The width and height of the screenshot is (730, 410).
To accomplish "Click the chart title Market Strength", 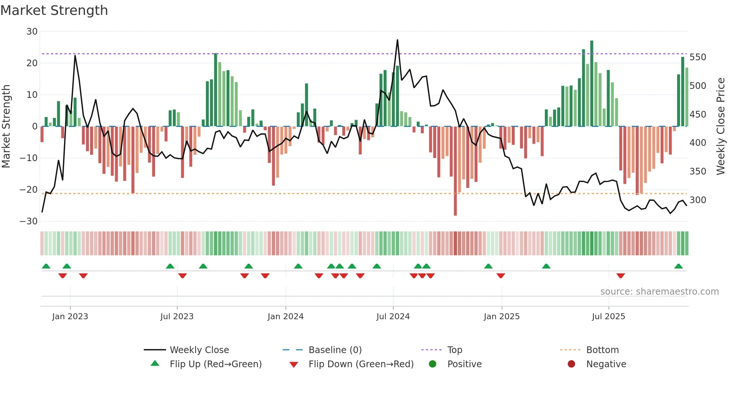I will pyautogui.click(x=54, y=10).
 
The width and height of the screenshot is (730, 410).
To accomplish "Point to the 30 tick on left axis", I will pyautogui.click(x=32, y=32).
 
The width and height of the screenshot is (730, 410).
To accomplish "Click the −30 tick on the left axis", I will pyautogui.click(x=29, y=221).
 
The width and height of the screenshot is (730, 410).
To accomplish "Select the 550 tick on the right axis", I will pyautogui.click(x=698, y=57).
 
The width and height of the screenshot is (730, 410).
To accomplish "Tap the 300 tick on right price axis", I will pyautogui.click(x=698, y=200).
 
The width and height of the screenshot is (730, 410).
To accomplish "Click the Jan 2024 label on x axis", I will pyautogui.click(x=285, y=317).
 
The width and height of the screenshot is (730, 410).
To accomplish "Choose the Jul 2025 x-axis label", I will pyautogui.click(x=608, y=317).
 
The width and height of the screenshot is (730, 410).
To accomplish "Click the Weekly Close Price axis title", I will pyautogui.click(x=721, y=126).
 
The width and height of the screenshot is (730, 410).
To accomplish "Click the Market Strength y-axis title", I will pyautogui.click(x=6, y=126).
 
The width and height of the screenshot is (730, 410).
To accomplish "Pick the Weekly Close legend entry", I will pyautogui.click(x=199, y=350).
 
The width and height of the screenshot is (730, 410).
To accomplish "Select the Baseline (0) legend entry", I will pyautogui.click(x=335, y=350).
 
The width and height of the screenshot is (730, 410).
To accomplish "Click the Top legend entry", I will pyautogui.click(x=454, y=350).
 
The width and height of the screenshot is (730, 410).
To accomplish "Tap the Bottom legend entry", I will pyautogui.click(x=602, y=350).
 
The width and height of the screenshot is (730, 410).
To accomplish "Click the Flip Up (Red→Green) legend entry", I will pyautogui.click(x=215, y=364).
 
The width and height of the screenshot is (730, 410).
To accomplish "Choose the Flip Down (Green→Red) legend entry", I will pyautogui.click(x=361, y=364).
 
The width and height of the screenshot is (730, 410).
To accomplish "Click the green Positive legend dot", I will pyautogui.click(x=432, y=364).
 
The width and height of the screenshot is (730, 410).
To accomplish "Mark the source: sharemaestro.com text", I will pyautogui.click(x=659, y=292).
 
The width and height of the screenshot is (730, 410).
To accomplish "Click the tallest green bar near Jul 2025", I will pyautogui.click(x=591, y=84).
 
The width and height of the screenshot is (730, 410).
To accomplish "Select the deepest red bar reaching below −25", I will pyautogui.click(x=455, y=171).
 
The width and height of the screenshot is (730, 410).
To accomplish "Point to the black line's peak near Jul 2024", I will pyautogui.click(x=397, y=40).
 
